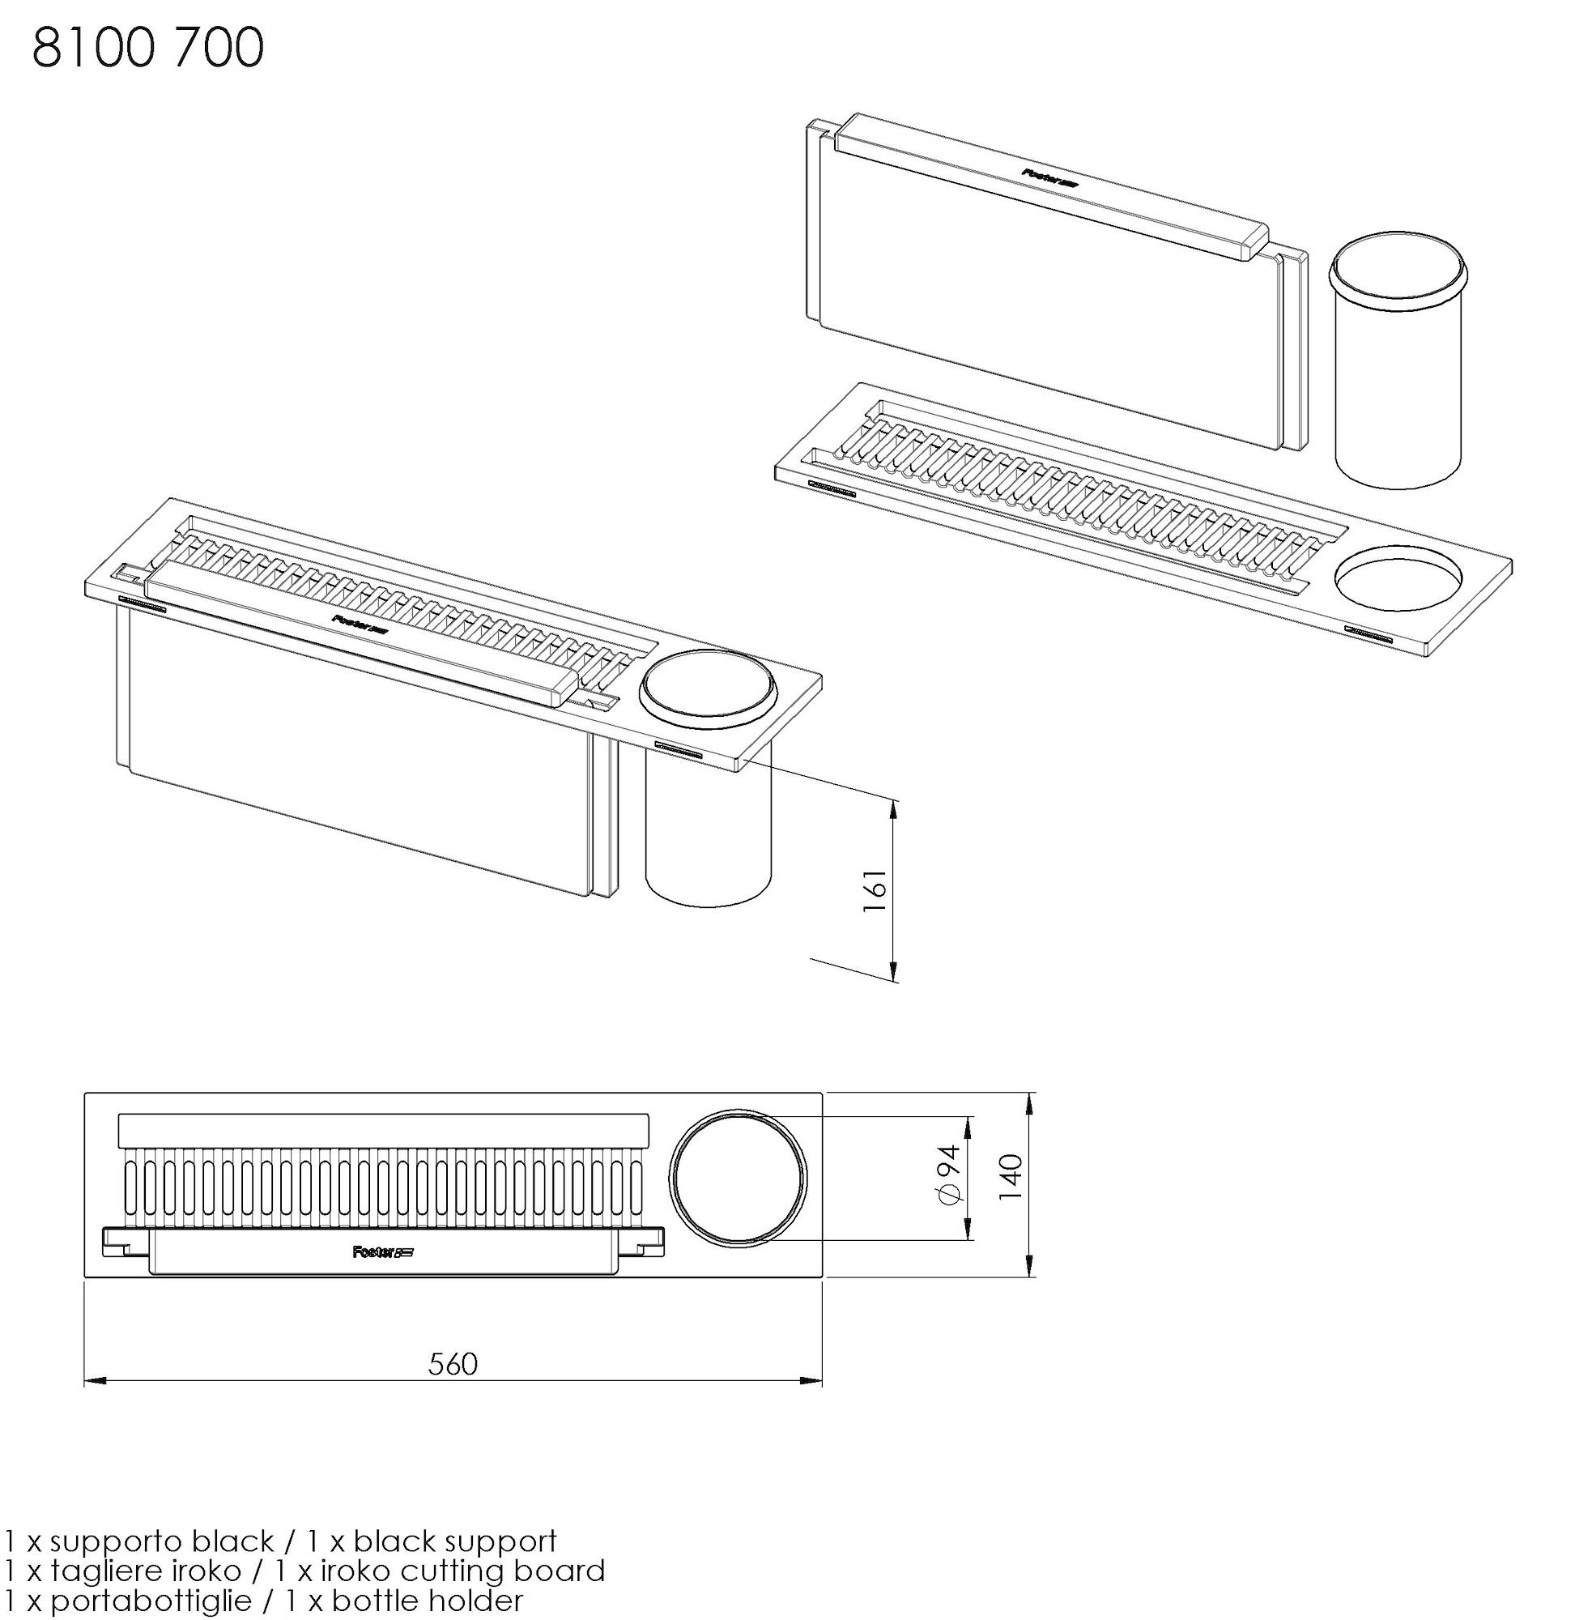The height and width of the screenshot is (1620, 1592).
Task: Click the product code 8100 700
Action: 148,48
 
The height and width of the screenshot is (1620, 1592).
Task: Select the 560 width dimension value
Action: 453,1364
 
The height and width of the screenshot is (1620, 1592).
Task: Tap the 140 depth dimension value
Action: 1011,1177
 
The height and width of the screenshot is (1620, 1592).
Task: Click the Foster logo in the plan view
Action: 384,1252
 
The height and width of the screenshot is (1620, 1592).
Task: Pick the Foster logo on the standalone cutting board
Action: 1050,176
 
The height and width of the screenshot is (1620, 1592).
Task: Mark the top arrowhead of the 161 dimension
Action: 896,808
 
